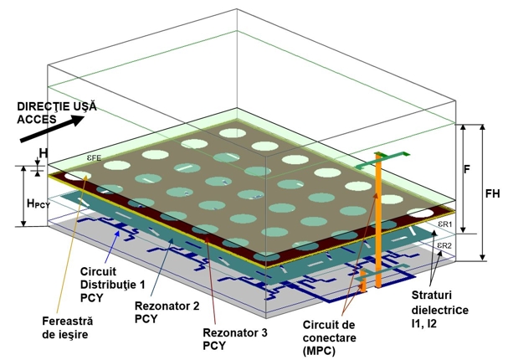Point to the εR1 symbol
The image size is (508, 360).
(444, 225)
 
